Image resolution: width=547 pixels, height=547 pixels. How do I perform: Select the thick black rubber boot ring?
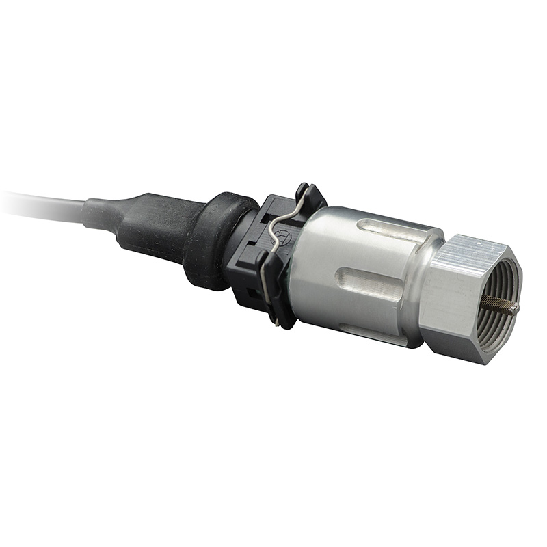(209, 239)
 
